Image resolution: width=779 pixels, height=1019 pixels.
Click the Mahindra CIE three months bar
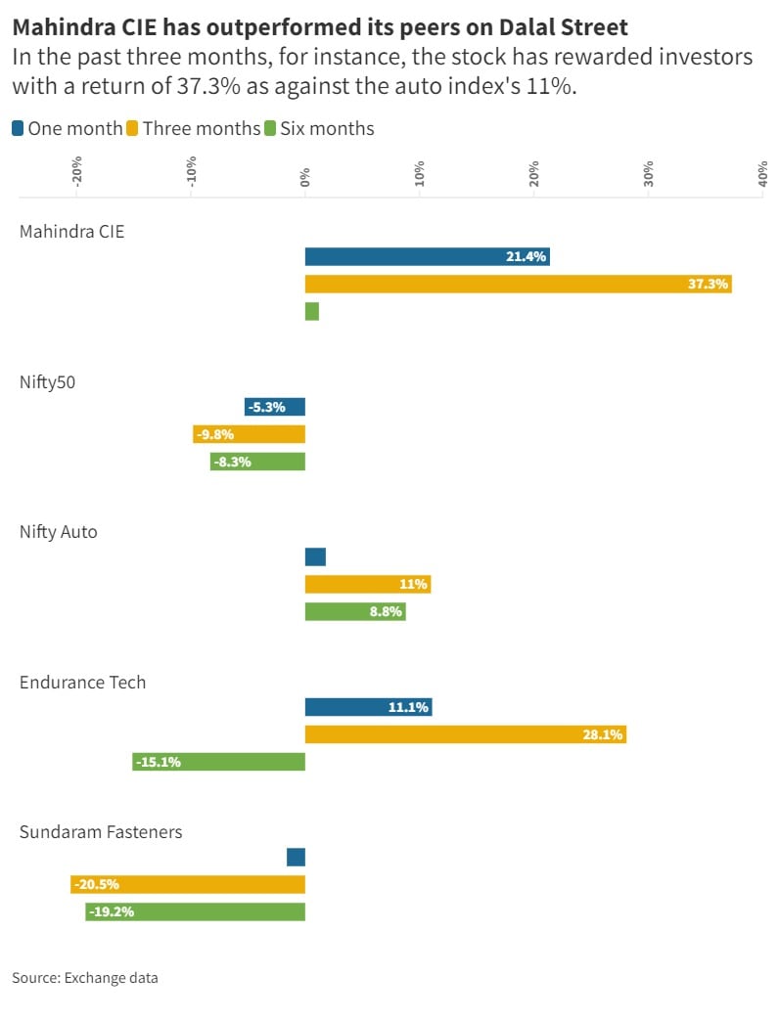pos(518,284)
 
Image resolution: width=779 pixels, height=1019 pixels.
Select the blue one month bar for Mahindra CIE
pos(427,256)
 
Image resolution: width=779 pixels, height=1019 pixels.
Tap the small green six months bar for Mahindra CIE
pos(312,311)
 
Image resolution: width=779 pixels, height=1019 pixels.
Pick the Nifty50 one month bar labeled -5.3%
pos(275,407)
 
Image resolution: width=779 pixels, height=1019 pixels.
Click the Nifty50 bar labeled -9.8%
pos(250,434)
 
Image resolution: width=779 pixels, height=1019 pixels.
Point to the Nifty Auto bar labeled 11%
pos(368,584)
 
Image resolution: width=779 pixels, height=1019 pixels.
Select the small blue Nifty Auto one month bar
pos(315,556)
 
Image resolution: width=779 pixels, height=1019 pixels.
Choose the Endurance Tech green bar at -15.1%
pos(219,762)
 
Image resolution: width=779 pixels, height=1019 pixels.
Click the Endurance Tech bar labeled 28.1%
pos(466,734)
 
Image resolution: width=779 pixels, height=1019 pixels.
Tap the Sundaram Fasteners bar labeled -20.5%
pos(188,884)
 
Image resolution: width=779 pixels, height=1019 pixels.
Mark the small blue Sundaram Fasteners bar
pos(297,857)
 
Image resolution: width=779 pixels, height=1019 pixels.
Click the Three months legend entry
pos(202,128)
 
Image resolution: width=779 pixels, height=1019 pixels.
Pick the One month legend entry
pos(68,128)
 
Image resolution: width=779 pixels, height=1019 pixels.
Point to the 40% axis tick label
pos(762,174)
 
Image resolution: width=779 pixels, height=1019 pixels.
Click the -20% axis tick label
pos(76,171)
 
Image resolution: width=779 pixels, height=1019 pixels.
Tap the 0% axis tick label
pos(305,176)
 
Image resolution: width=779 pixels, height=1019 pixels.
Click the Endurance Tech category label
pos(83,682)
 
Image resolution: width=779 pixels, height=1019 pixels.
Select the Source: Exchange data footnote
pos(85,977)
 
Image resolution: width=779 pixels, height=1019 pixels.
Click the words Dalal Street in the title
pos(567,26)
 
